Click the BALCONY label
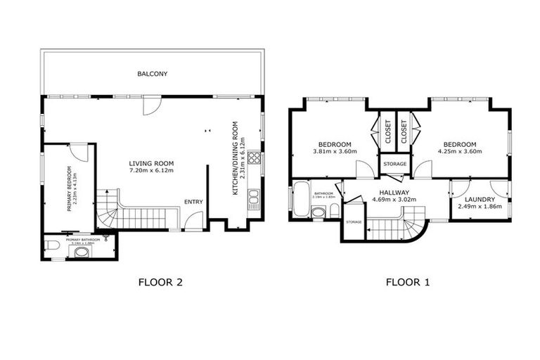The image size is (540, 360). click(153, 74)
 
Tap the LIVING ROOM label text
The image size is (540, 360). click(150, 163)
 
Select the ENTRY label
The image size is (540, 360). click(193, 202)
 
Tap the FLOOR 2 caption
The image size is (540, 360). click(162, 283)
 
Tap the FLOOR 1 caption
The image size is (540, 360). click(408, 283)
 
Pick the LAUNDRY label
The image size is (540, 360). click(480, 200)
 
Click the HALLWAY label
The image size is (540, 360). click(389, 192)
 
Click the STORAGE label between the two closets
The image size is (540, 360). click(394, 164)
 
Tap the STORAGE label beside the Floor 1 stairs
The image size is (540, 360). click(354, 222)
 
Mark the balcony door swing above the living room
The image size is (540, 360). click(150, 106)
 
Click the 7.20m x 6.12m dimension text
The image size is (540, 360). click(150, 171)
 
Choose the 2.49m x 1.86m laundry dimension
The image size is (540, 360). click(480, 207)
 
